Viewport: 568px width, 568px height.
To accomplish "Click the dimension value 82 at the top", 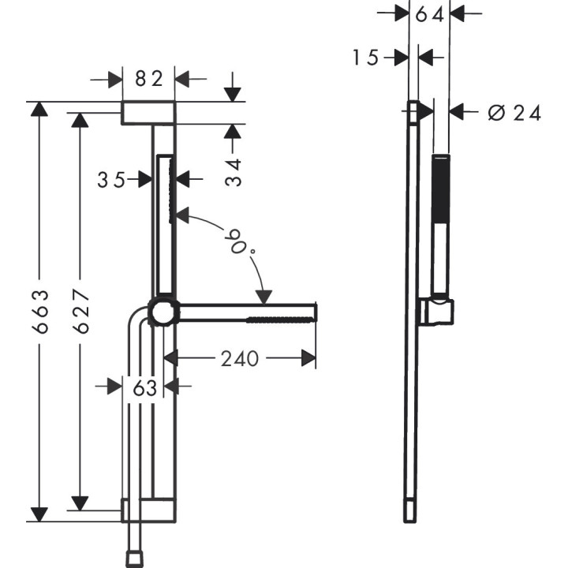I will [148, 78].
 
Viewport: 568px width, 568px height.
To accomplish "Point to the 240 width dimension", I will [239, 359].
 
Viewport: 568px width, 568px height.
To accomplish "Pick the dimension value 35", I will [112, 180].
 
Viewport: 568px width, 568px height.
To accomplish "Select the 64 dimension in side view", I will [429, 13].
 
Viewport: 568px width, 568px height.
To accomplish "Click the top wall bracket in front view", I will [148, 113].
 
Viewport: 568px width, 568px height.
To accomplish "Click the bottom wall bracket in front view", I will [148, 509].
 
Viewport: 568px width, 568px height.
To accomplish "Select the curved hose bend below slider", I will [138, 319].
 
